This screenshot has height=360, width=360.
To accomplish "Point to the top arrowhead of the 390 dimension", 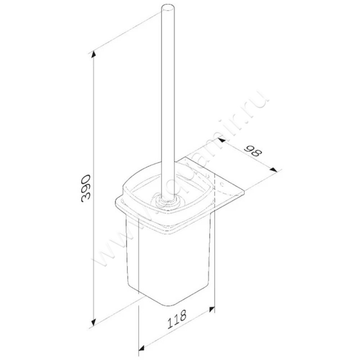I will click(94, 54).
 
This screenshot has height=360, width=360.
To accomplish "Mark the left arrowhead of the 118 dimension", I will click(140, 348).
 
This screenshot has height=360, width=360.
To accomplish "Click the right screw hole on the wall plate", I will click(224, 184).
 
